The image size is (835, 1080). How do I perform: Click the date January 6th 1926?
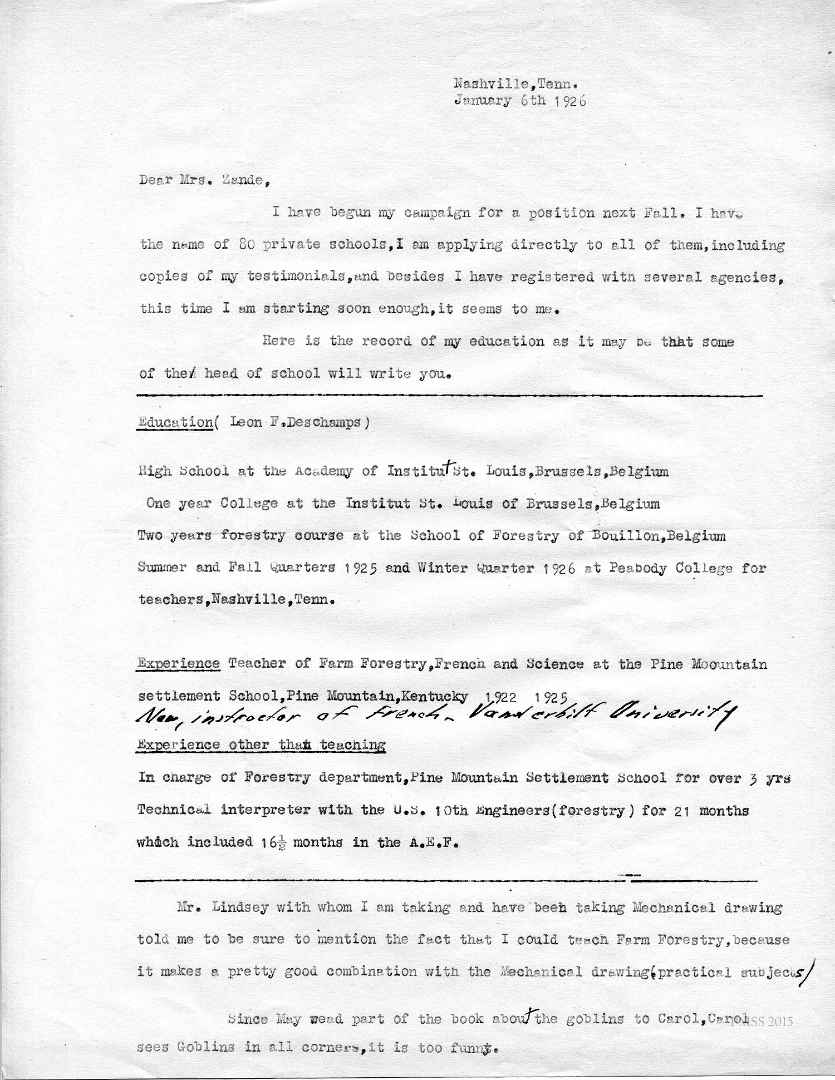[520, 101]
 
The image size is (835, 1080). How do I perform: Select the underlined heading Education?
[174, 422]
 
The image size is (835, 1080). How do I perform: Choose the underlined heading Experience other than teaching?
[261, 744]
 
